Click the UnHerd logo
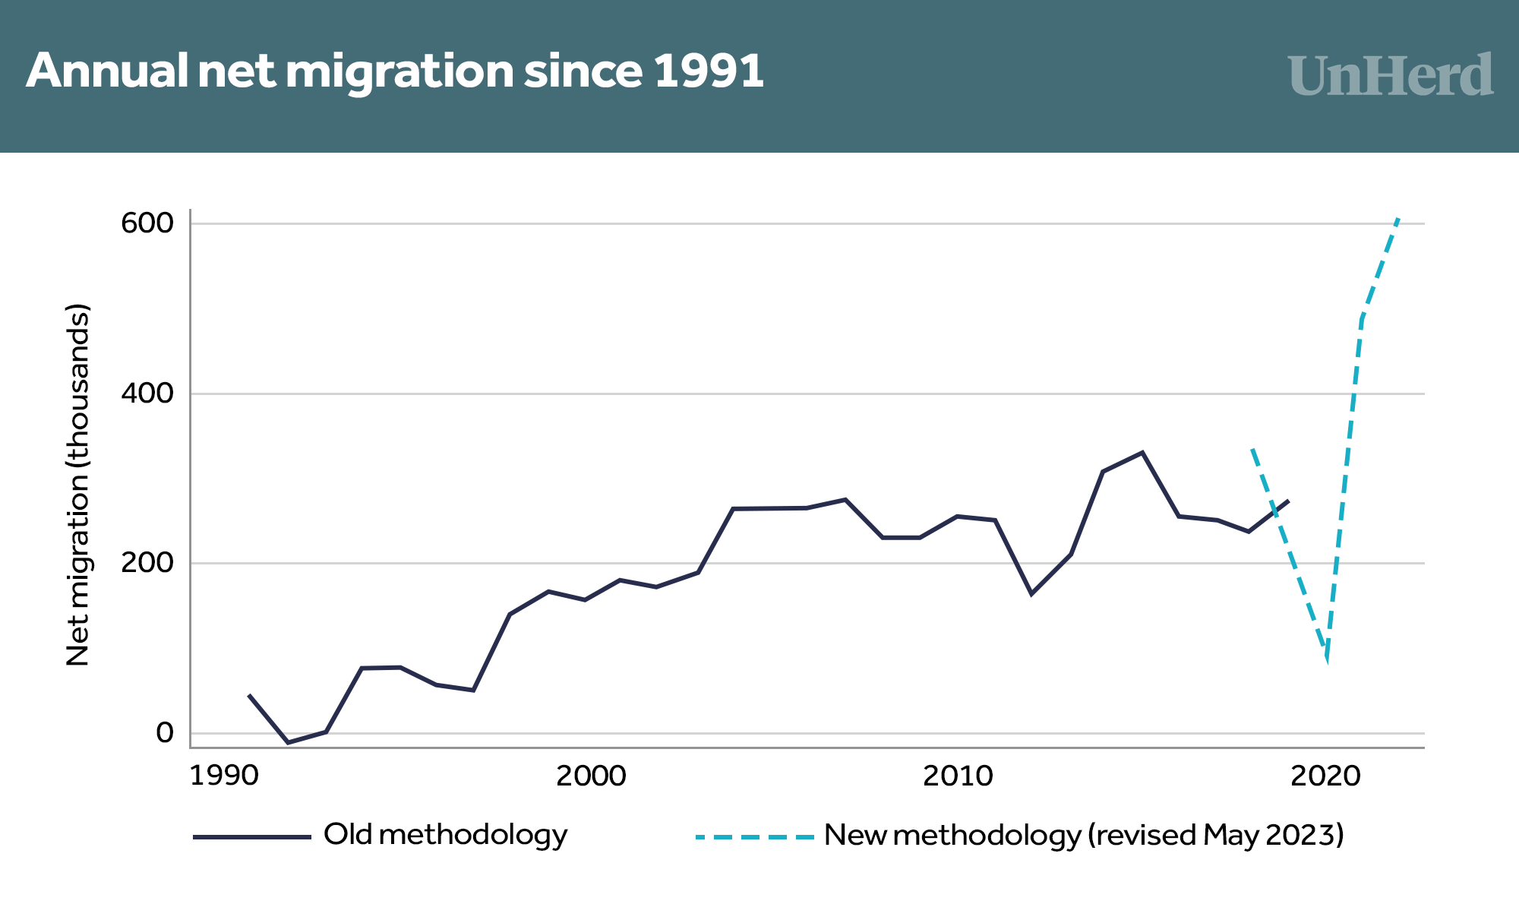1391,75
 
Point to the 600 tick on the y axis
147,223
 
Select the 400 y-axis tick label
147,394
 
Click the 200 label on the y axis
147,563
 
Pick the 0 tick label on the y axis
165,733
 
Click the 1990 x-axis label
224,776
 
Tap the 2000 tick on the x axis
591,776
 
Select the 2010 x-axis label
958,776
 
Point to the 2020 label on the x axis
1325,776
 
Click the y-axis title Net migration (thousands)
78,485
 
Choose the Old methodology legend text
445,835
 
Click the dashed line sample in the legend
754,837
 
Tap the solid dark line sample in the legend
252,837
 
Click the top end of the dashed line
1398,219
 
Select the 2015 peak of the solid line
1142,453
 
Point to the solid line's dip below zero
288,742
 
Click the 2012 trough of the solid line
1031,594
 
